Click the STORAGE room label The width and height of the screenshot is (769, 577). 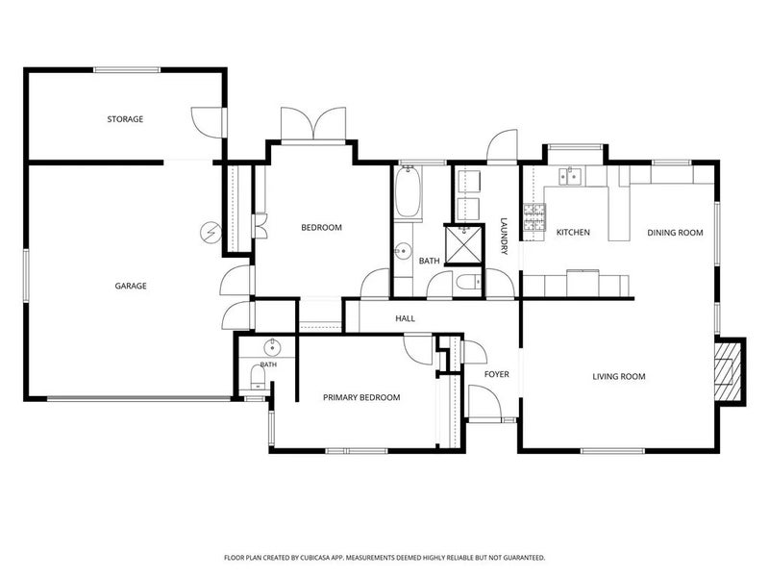point(125,119)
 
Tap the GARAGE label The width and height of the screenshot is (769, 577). point(131,286)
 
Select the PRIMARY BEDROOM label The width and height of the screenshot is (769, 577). point(361,397)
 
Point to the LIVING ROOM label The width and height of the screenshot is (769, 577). point(619,377)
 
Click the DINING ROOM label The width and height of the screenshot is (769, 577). point(676,233)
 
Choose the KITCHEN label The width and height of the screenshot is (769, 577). point(573,232)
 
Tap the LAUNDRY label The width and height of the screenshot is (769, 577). point(504,236)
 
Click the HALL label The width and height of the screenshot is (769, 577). point(405,318)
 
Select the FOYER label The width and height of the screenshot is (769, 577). point(496,374)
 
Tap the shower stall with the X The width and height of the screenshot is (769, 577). point(464,244)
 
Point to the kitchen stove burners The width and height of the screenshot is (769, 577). point(534,216)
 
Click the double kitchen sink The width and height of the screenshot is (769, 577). point(570,176)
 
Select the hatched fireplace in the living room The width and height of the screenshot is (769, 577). point(725,370)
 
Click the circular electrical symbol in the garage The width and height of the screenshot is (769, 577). point(211,232)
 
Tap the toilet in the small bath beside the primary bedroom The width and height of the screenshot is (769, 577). point(258,378)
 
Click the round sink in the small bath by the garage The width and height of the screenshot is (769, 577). point(272,348)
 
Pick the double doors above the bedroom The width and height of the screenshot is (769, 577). point(313,124)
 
